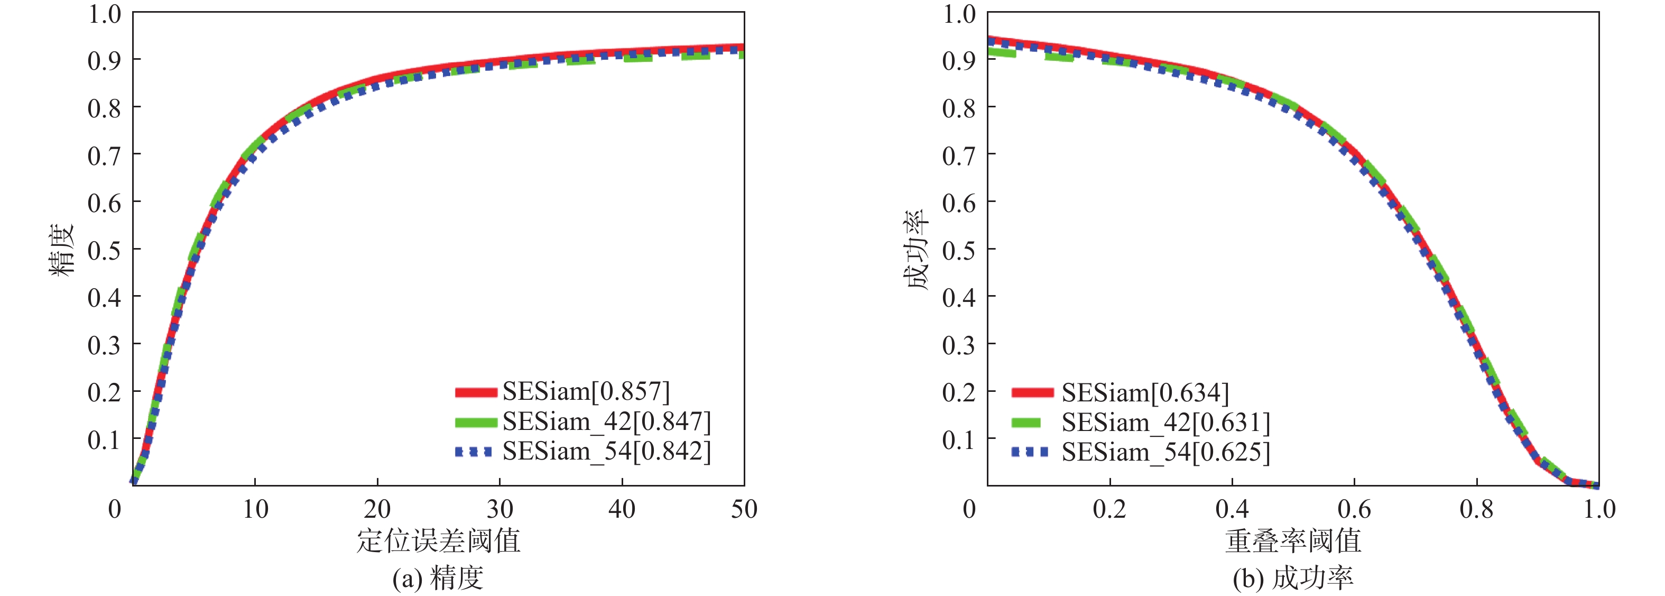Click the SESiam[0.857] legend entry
click(586, 392)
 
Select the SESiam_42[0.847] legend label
click(606, 421)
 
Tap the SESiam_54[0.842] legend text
click(606, 451)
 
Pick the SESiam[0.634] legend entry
click(1145, 393)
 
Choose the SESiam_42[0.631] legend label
click(1165, 423)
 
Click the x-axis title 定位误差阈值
click(438, 540)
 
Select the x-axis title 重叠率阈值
click(1293, 540)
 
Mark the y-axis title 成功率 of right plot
click(917, 250)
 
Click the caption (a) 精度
click(438, 577)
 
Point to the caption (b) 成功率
click(1293, 577)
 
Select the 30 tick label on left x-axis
click(499, 509)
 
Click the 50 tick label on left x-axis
click(744, 509)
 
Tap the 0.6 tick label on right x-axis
click(1354, 509)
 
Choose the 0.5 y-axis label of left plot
click(104, 250)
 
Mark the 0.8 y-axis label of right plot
click(958, 108)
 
